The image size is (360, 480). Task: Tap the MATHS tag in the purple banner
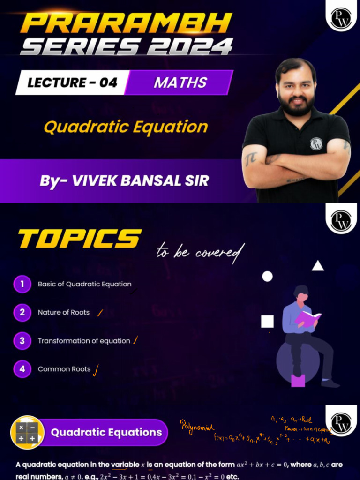[180, 83]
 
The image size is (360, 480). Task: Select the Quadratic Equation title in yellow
[125, 127]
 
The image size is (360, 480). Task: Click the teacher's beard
[295, 105]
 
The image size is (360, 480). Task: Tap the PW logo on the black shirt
[316, 144]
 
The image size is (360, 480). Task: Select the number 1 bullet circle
[22, 284]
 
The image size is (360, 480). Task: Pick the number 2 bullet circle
[22, 312]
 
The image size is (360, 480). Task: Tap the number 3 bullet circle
[22, 341]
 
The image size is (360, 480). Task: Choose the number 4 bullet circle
[22, 369]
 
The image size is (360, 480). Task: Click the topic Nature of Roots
[64, 312]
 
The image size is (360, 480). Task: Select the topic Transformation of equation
[84, 341]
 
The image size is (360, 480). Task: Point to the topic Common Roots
[64, 369]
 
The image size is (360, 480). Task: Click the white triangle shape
[318, 266]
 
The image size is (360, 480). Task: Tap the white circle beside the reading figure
[267, 277]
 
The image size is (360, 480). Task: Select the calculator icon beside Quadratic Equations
[27, 432]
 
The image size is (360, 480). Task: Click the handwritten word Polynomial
[197, 427]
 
